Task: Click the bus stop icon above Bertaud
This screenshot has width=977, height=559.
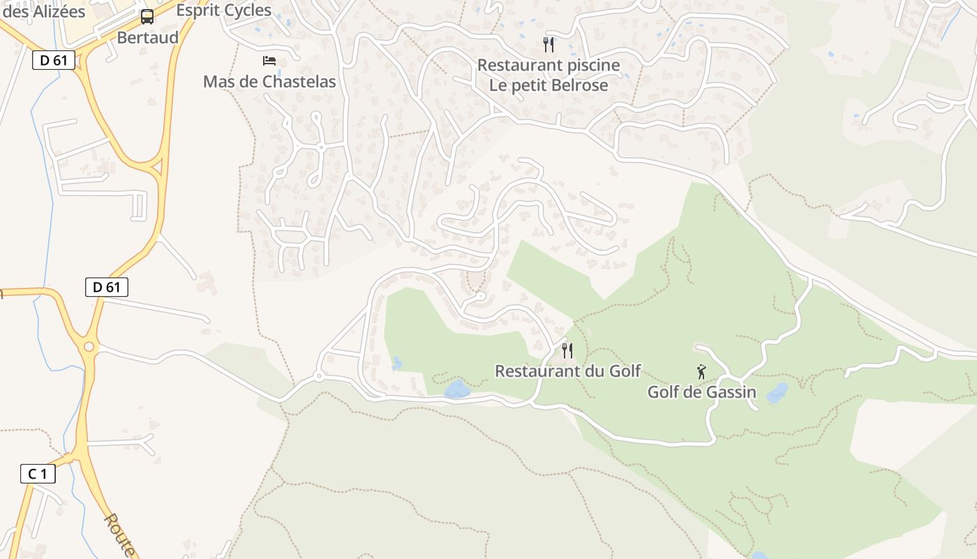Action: [147, 17]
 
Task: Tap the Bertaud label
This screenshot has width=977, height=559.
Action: [148, 37]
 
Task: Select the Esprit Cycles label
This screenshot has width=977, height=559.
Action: [223, 10]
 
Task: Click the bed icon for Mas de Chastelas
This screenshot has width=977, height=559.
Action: [269, 61]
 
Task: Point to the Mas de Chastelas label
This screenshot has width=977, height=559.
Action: [269, 82]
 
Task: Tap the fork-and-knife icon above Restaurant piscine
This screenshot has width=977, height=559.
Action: [549, 45]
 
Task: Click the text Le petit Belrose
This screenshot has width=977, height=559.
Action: [549, 85]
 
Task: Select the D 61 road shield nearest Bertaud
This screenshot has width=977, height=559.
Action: [54, 60]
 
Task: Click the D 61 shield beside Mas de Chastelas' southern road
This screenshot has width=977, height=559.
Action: [107, 286]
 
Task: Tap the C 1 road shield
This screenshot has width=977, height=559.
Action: [38, 474]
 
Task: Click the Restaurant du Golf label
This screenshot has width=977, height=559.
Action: [567, 371]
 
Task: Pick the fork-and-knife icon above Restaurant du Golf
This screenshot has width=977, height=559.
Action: [567, 350]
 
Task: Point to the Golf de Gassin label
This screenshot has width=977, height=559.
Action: [701, 391]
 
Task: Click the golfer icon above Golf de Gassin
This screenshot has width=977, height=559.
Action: [701, 372]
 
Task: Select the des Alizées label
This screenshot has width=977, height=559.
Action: [44, 11]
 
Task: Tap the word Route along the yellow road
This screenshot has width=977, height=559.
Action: [121, 534]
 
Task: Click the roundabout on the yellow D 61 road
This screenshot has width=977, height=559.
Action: [89, 347]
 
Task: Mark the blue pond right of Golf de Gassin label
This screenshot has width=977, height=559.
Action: [777, 393]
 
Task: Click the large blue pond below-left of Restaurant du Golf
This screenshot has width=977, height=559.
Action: [457, 389]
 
